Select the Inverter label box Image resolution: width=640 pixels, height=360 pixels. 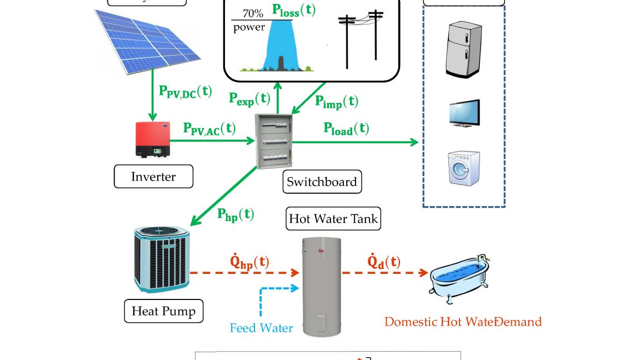point(153,177)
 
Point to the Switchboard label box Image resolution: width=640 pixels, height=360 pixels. point(321,181)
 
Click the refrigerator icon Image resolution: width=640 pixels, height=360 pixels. point(462,48)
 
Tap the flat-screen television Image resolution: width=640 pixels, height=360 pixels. point(463,113)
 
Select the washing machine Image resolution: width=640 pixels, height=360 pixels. point(463,167)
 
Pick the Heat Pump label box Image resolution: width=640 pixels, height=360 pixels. point(163,311)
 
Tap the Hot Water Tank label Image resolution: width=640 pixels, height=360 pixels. point(333,219)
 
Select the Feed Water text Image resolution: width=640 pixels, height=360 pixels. point(261,328)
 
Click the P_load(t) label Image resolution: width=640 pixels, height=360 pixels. point(346,129)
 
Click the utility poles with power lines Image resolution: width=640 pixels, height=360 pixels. point(361,39)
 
